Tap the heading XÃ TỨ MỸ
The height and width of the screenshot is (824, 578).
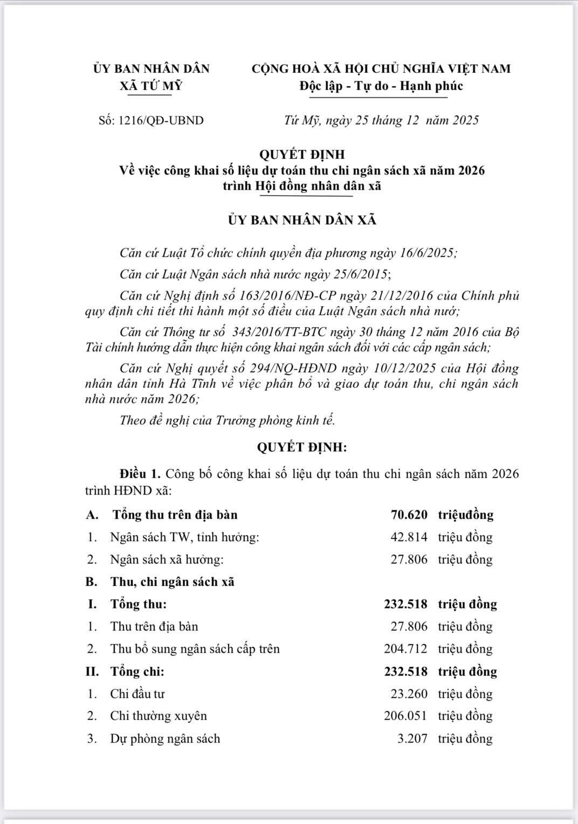coord(151,86)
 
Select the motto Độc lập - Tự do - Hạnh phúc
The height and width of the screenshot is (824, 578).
coord(381,86)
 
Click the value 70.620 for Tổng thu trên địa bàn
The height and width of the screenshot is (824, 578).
coord(409,515)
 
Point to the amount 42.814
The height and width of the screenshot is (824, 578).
coord(409,537)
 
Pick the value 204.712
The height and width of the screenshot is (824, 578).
coord(405,649)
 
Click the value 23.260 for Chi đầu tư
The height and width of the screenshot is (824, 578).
coord(409,694)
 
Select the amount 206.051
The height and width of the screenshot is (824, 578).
coord(405,716)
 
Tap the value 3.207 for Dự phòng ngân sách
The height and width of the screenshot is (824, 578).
coord(412,738)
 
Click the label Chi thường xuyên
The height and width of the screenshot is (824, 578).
coord(159,716)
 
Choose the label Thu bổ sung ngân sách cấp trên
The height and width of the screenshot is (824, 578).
coord(195,649)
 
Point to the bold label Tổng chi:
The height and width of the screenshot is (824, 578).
coord(137,671)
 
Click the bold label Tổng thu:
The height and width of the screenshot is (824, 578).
coord(139,604)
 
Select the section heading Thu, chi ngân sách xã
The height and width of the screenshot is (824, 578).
coord(173,582)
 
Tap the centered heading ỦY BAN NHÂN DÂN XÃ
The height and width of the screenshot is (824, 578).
coord(301,220)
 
